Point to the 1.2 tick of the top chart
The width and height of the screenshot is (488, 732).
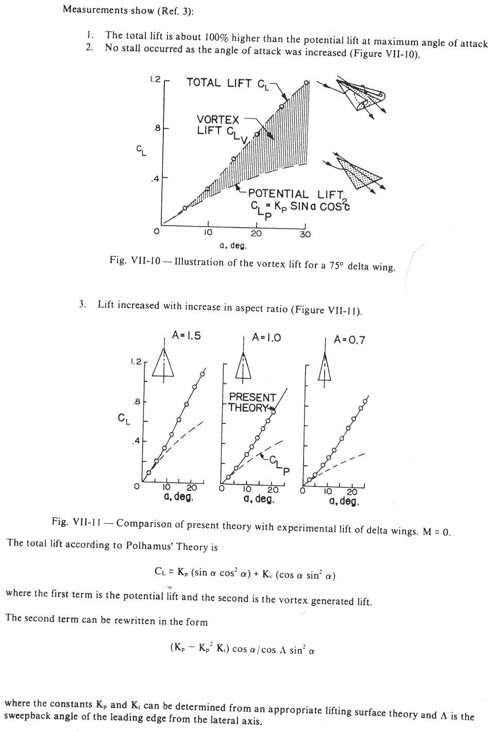click(x=155, y=79)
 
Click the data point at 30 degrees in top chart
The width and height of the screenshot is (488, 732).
click(x=306, y=82)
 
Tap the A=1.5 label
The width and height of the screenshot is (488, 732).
click(x=187, y=335)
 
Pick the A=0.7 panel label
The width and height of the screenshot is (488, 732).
click(x=349, y=339)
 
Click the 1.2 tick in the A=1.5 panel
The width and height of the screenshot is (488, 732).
click(x=136, y=362)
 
